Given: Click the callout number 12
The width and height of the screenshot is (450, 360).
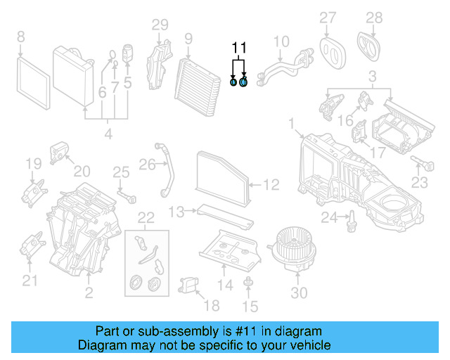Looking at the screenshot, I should (272, 185).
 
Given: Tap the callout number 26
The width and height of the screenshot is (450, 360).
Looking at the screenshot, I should (146, 165).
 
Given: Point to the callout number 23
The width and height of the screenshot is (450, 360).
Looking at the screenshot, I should (419, 183).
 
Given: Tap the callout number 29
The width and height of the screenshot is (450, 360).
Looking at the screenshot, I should (160, 25).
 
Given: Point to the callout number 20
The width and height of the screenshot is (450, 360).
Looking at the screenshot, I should (82, 172).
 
